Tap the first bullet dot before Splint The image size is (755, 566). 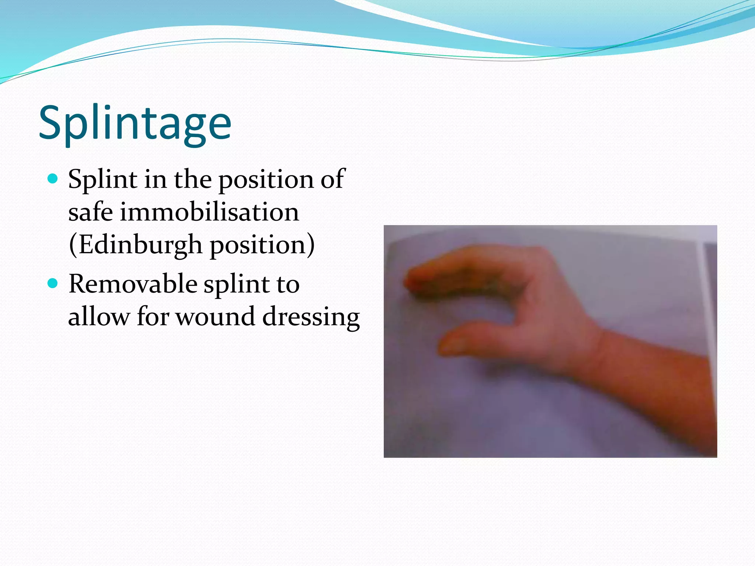click(53, 179)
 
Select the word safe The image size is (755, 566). click(90, 212)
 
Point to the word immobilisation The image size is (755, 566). click(209, 212)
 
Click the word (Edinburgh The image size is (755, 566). click(135, 245)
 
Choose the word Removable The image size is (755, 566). click(133, 284)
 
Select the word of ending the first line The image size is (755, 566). click(332, 179)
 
